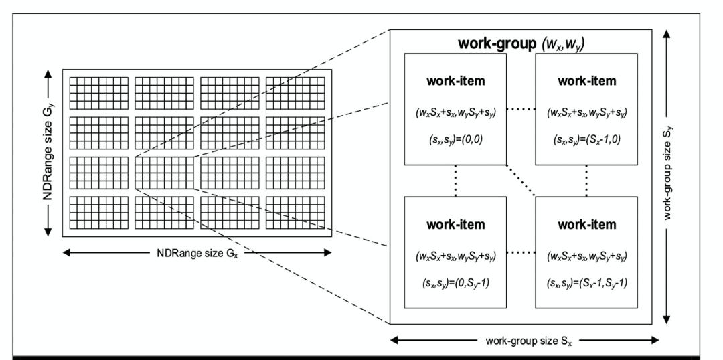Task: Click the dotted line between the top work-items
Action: [x=521, y=111]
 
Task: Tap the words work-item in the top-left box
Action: [x=455, y=81]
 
